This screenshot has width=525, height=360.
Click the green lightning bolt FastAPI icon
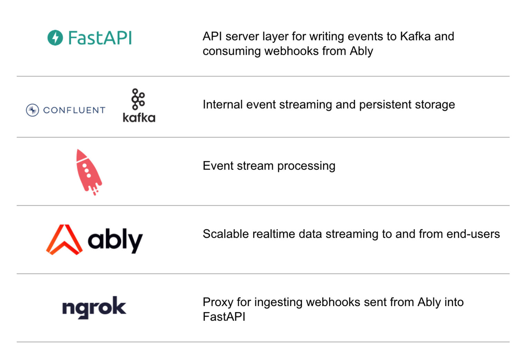(55, 38)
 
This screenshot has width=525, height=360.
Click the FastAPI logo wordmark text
(100, 38)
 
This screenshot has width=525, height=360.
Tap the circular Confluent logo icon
(32, 110)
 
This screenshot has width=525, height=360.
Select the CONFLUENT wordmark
(74, 110)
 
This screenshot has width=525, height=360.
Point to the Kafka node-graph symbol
(138, 99)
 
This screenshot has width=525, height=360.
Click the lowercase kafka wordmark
(139, 118)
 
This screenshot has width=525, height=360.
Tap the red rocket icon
(88, 172)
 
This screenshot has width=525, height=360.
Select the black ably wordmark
(115, 240)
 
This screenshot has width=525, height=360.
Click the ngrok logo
(94, 307)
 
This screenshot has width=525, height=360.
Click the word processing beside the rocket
(306, 166)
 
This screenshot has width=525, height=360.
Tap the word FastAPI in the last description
(224, 317)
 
